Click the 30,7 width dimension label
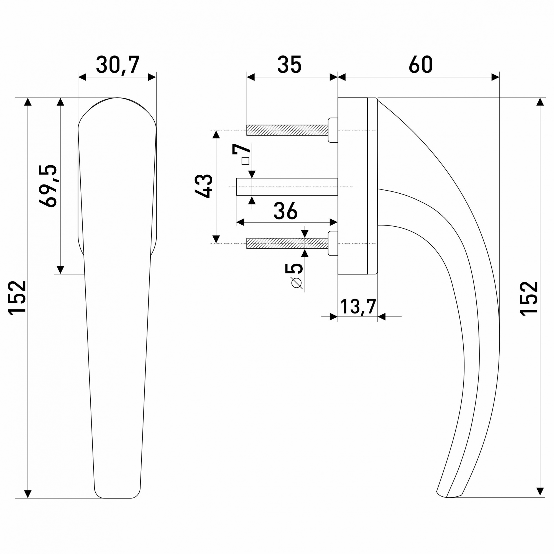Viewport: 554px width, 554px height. pyautogui.click(x=118, y=65)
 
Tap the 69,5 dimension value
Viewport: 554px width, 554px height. pyautogui.click(x=48, y=186)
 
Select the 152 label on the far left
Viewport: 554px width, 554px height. pyautogui.click(x=17, y=298)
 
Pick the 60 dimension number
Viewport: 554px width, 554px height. pyautogui.click(x=421, y=65)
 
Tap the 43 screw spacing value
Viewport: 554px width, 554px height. pyautogui.click(x=203, y=186)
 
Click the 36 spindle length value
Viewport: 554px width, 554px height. pyautogui.click(x=285, y=211)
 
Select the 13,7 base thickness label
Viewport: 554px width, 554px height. pyautogui.click(x=358, y=307)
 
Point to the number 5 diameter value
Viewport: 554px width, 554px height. pyautogui.click(x=294, y=268)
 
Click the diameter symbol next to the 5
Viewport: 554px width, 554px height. pyautogui.click(x=297, y=283)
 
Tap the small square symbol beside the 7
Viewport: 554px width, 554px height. pyautogui.click(x=245, y=161)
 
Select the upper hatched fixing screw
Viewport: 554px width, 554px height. pyautogui.click(x=287, y=130)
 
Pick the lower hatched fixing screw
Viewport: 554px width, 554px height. pyautogui.click(x=287, y=243)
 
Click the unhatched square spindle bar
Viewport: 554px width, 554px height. pyautogui.click(x=287, y=187)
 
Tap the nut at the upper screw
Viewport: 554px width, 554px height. pyautogui.click(x=333, y=130)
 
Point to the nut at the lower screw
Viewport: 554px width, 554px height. pyautogui.click(x=333, y=243)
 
